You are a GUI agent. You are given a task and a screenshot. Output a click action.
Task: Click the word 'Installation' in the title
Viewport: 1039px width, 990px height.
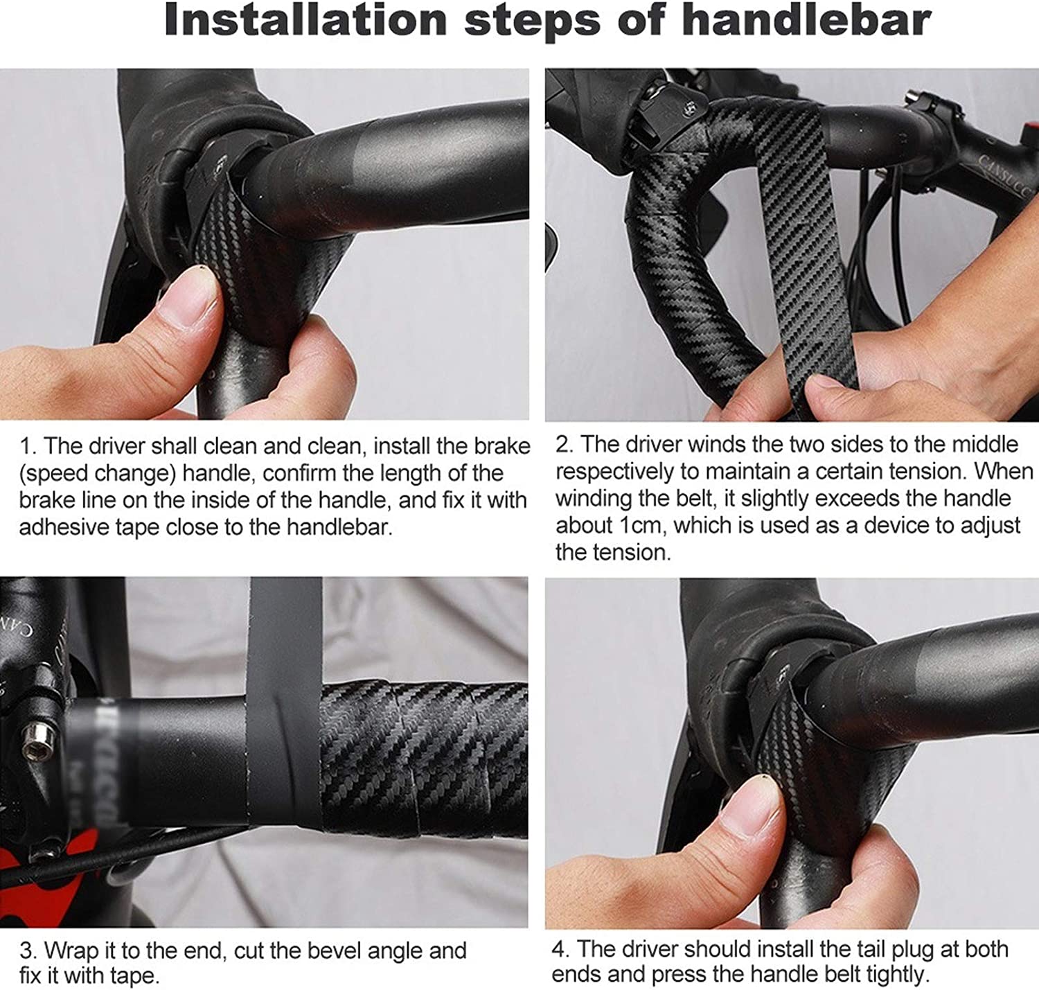click(x=306, y=21)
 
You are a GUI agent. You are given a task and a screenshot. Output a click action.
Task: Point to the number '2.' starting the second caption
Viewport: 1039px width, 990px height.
click(x=565, y=445)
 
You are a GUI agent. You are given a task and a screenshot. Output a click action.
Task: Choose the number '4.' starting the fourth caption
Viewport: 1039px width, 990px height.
click(x=561, y=948)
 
